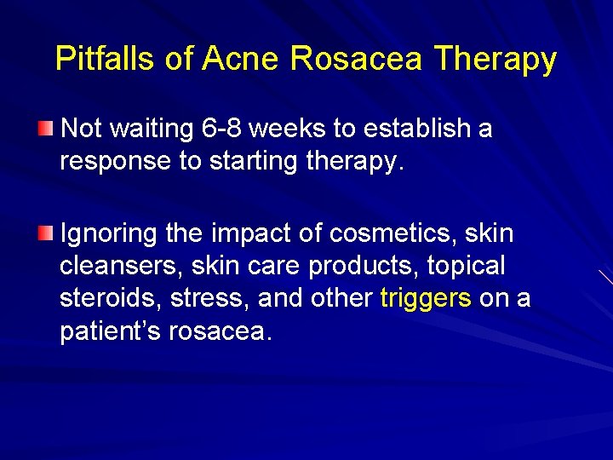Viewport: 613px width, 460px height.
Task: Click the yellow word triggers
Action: [x=425, y=298]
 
